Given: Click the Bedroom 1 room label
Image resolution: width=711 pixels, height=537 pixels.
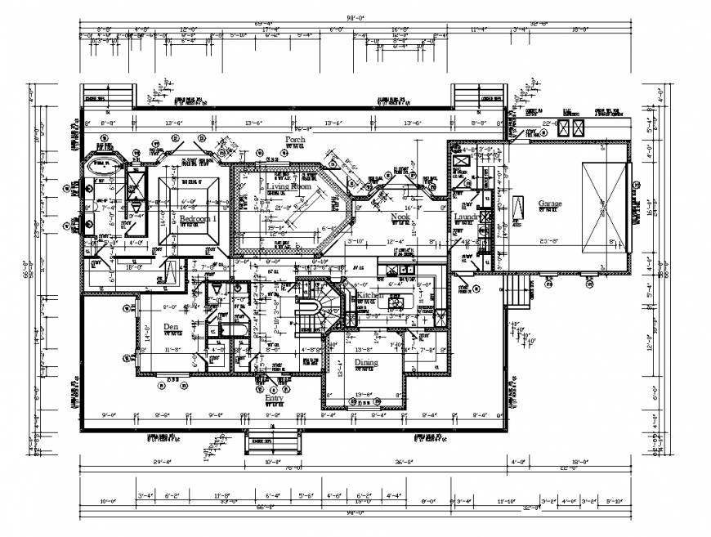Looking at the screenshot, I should (199, 219).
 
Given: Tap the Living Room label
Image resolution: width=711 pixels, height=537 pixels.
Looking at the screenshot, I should (289, 186).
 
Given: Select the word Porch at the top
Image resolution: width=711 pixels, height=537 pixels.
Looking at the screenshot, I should (295, 140).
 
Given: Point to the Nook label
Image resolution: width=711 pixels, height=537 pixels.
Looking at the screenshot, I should (400, 217).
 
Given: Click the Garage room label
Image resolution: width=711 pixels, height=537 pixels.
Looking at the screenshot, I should (552, 204).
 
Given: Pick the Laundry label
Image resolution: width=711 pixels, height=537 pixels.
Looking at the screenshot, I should (467, 217).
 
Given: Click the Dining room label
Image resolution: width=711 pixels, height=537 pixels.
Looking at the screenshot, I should (365, 361).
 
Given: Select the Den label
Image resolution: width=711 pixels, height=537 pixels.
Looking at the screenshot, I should (170, 326).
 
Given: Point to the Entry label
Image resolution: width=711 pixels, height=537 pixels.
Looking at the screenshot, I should (274, 398).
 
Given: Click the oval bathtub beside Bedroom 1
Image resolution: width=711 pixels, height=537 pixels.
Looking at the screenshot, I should (103, 163).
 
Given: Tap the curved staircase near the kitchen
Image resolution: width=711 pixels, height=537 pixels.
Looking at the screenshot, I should (308, 314).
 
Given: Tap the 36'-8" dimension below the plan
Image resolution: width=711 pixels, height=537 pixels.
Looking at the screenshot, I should (391, 462).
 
